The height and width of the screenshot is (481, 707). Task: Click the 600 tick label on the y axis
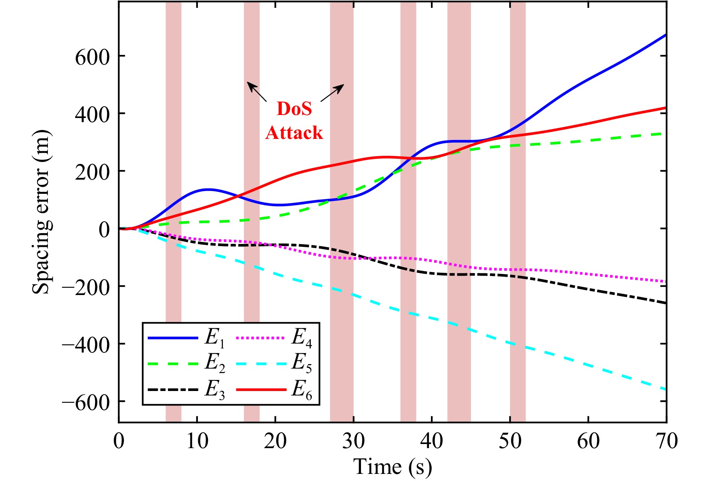pyautogui.click(x=92, y=57)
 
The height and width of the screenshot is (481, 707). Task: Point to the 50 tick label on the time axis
pyautogui.click(x=510, y=441)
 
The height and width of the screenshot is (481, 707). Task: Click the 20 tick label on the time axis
pyautogui.click(x=275, y=441)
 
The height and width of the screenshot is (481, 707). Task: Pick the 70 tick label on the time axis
pyautogui.click(x=666, y=441)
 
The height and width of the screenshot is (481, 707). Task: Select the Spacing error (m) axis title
pyautogui.click(x=41, y=212)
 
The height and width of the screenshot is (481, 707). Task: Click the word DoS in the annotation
pyautogui.click(x=294, y=109)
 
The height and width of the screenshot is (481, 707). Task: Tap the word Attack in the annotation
pyautogui.click(x=294, y=133)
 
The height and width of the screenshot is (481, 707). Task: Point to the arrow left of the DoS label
pyautogui.click(x=257, y=92)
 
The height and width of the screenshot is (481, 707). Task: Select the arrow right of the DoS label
pyautogui.click(x=332, y=93)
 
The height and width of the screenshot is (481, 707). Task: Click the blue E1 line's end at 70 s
pyautogui.click(x=665, y=35)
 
